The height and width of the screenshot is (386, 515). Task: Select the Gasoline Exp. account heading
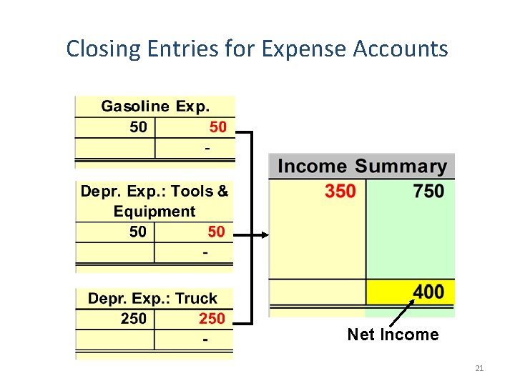click(x=155, y=107)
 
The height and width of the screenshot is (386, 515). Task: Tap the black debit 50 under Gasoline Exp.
click(x=139, y=127)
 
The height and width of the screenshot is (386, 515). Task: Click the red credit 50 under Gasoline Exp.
click(x=217, y=127)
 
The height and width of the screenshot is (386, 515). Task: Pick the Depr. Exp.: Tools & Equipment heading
click(x=154, y=201)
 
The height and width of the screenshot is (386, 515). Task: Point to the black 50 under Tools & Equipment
click(x=138, y=232)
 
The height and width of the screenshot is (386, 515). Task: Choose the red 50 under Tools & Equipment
click(x=216, y=232)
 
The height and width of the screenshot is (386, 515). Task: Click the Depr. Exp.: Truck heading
click(x=152, y=298)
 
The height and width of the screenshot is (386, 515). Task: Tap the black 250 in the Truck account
click(x=134, y=318)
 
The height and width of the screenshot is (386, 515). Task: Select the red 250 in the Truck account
click(x=212, y=318)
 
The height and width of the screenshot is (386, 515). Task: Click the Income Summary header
click(x=362, y=167)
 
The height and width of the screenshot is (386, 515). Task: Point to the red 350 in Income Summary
click(x=340, y=192)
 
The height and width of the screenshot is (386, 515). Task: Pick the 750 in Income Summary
click(x=428, y=192)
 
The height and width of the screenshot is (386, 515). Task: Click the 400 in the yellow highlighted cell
click(x=428, y=292)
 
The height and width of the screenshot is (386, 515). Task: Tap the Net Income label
click(x=393, y=335)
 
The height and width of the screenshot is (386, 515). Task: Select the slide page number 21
click(x=479, y=368)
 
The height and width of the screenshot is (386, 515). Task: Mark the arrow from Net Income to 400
click(x=402, y=315)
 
